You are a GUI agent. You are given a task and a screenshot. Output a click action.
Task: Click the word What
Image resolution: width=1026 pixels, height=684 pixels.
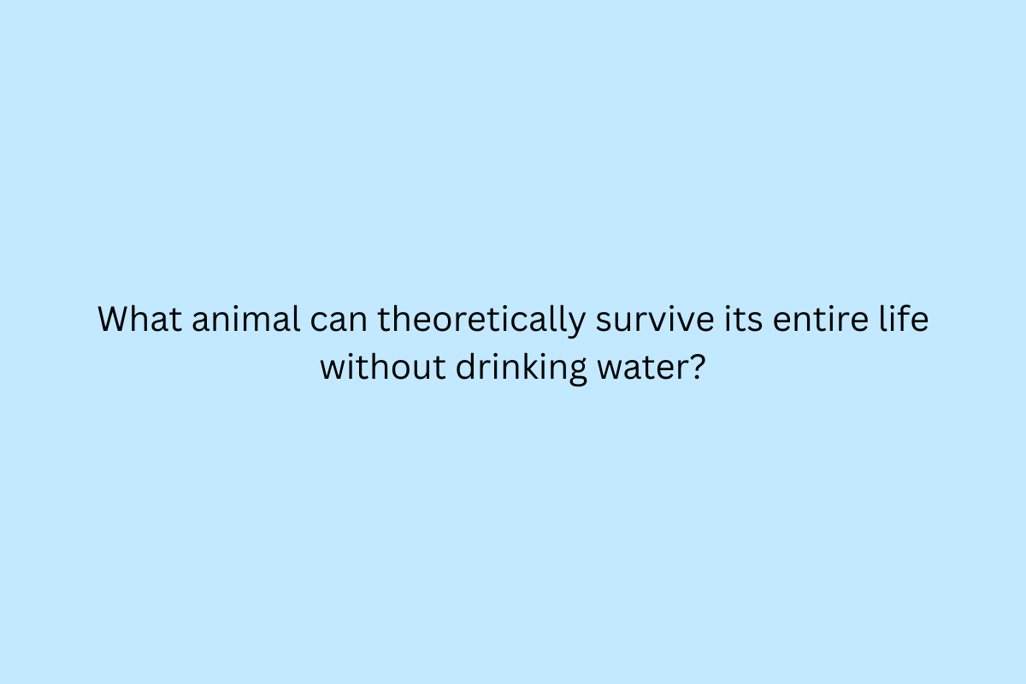(x=139, y=318)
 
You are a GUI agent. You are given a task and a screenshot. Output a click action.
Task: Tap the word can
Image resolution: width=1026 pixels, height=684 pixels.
(x=339, y=322)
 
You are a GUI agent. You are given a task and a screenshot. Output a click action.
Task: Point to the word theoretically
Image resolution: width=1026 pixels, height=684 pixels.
(x=481, y=321)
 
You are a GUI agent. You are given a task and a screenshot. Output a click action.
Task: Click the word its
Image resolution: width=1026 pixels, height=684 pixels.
(x=743, y=318)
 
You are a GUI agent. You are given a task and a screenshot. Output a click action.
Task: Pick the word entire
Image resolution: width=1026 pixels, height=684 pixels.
(x=820, y=318)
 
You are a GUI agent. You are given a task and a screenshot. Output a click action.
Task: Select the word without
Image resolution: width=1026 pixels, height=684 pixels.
(x=383, y=366)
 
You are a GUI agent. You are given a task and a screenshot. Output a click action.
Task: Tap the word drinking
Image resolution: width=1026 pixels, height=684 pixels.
(x=522, y=369)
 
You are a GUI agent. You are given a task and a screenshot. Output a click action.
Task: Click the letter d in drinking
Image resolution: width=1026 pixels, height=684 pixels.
(x=466, y=366)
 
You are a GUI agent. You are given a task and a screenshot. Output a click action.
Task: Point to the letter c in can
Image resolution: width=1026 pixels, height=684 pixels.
(x=319, y=322)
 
